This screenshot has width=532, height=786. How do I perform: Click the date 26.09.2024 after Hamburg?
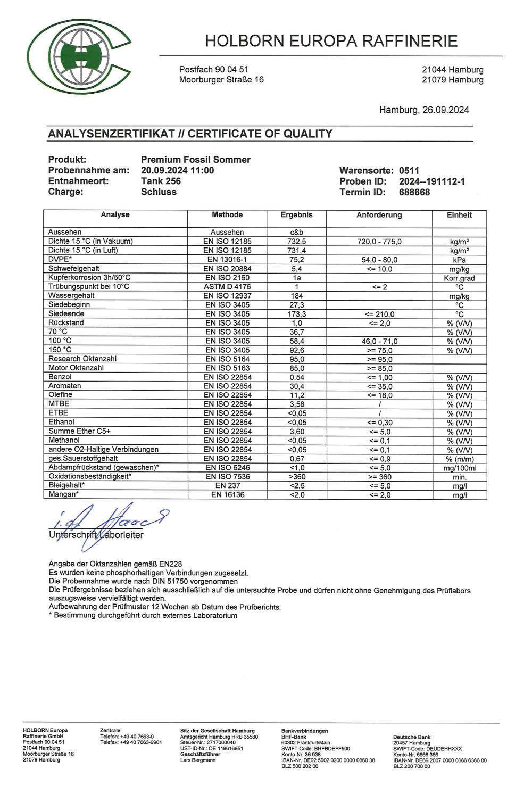click(446, 110)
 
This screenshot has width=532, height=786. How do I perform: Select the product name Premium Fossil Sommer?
click(195, 160)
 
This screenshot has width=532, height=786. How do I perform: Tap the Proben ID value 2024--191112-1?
click(431, 181)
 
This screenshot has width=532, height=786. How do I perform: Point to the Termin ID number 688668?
click(414, 192)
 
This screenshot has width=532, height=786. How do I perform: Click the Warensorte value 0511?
click(409, 171)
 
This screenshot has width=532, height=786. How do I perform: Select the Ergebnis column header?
click(296, 215)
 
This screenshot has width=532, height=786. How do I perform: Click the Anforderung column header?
click(379, 215)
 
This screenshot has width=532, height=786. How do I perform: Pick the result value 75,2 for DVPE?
click(296, 260)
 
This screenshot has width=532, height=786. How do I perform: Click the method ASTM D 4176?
click(227, 287)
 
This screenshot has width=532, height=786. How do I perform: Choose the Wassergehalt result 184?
click(296, 296)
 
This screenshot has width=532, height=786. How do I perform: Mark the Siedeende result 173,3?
click(296, 314)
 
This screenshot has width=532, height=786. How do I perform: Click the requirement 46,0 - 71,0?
click(379, 341)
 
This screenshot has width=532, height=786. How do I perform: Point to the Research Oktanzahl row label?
click(82, 359)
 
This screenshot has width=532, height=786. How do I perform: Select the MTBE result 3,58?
click(296, 404)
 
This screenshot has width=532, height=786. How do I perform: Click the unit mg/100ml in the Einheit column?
click(459, 468)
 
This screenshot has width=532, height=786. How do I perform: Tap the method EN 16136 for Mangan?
click(227, 495)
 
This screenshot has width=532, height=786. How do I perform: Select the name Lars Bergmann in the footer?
click(198, 760)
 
